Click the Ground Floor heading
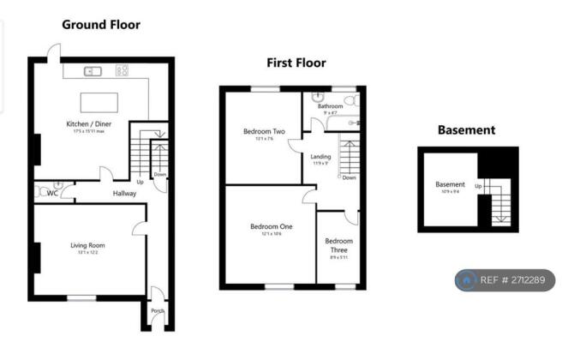coord(100,25)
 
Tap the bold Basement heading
coord(466,130)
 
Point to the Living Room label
coord(87,245)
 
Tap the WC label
coord(53,193)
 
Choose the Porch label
coord(157,310)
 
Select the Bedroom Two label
coord(264,132)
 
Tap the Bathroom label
coord(330,106)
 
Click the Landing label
coord(320,157)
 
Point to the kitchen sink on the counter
coord(92,72)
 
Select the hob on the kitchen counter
coord(123,72)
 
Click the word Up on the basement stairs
coord(478,186)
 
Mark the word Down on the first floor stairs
coord(349,177)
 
